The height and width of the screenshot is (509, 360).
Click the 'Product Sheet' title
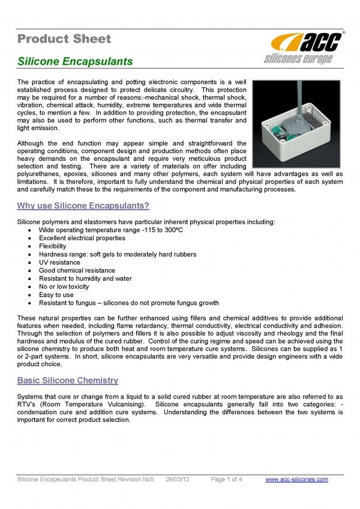tap(64, 40)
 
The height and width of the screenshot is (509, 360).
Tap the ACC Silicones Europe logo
tap(306, 47)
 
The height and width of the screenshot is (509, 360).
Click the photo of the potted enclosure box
tap(297, 122)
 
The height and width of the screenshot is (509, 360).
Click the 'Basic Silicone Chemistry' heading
tap(68, 381)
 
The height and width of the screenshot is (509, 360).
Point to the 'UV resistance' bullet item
tap(59, 262)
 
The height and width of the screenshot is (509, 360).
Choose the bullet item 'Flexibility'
tap(52, 246)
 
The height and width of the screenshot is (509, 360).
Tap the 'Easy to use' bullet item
tap(56, 295)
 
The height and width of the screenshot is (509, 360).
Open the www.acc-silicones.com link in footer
tap(296, 479)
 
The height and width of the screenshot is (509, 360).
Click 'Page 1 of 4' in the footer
tap(227, 479)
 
